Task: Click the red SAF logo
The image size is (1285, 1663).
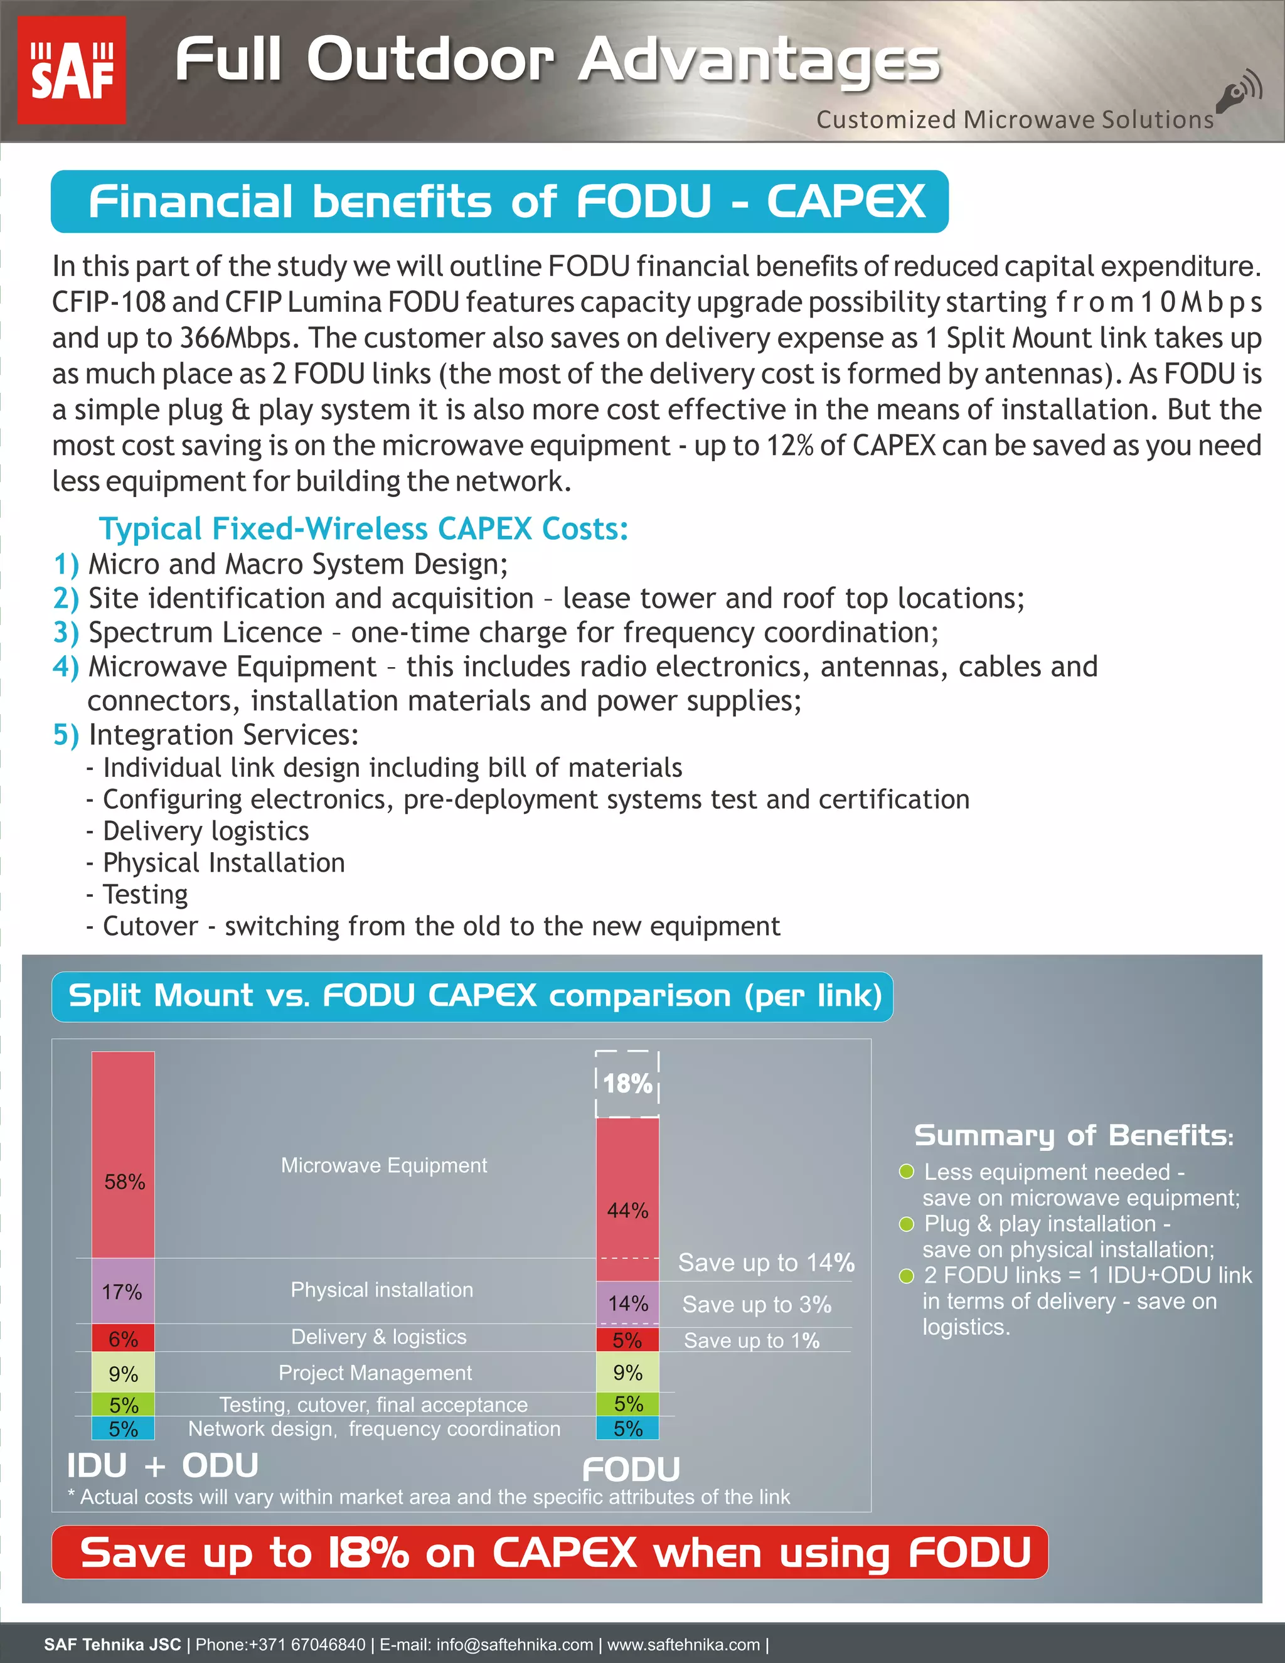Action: click(72, 70)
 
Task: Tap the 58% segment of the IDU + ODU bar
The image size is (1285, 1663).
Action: click(124, 1181)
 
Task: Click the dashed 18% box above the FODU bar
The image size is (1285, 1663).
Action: click(627, 1084)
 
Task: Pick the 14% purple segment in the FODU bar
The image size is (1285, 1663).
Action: click(627, 1303)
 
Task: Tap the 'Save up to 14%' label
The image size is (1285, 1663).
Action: click(766, 1263)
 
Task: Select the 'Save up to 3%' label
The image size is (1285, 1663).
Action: click(757, 1305)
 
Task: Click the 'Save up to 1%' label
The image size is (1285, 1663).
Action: click(751, 1340)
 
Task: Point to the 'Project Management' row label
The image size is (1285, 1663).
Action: click(375, 1373)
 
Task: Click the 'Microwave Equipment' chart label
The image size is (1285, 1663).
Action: click(383, 1165)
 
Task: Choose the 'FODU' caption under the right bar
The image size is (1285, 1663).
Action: click(631, 1470)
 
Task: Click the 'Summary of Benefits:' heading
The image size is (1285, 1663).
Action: click(1074, 1135)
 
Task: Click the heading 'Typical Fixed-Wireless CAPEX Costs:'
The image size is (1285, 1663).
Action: click(364, 528)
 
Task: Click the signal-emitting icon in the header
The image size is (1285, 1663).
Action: click(1238, 93)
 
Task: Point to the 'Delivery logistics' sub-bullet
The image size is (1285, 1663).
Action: click(206, 831)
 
